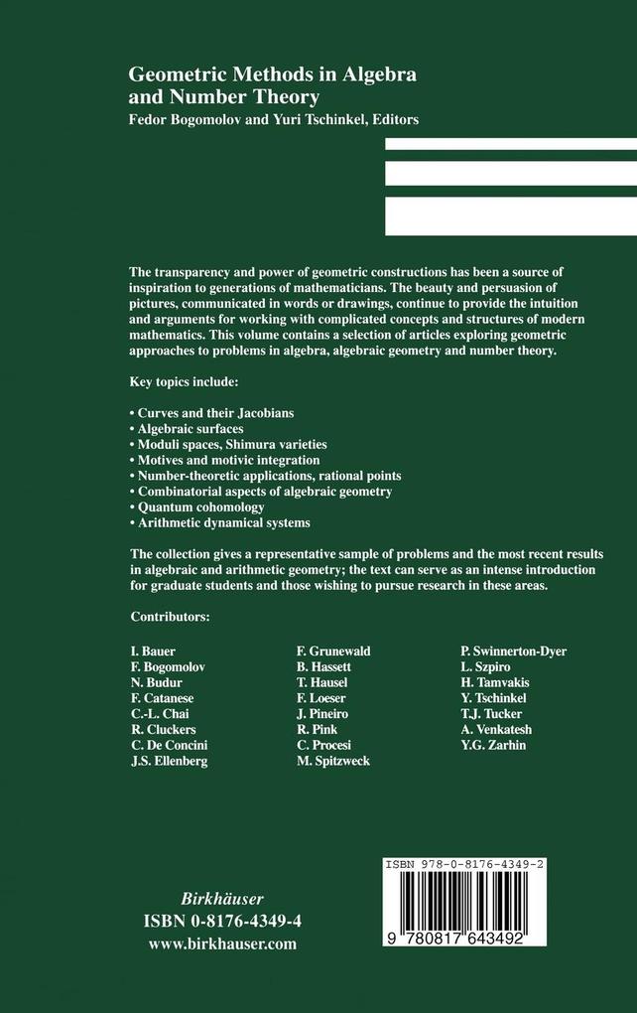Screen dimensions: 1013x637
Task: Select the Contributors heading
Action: click(170, 617)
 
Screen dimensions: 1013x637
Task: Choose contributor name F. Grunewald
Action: click(333, 651)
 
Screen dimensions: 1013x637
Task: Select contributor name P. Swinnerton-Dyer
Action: click(514, 651)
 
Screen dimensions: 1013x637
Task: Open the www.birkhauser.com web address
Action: click(222, 944)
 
